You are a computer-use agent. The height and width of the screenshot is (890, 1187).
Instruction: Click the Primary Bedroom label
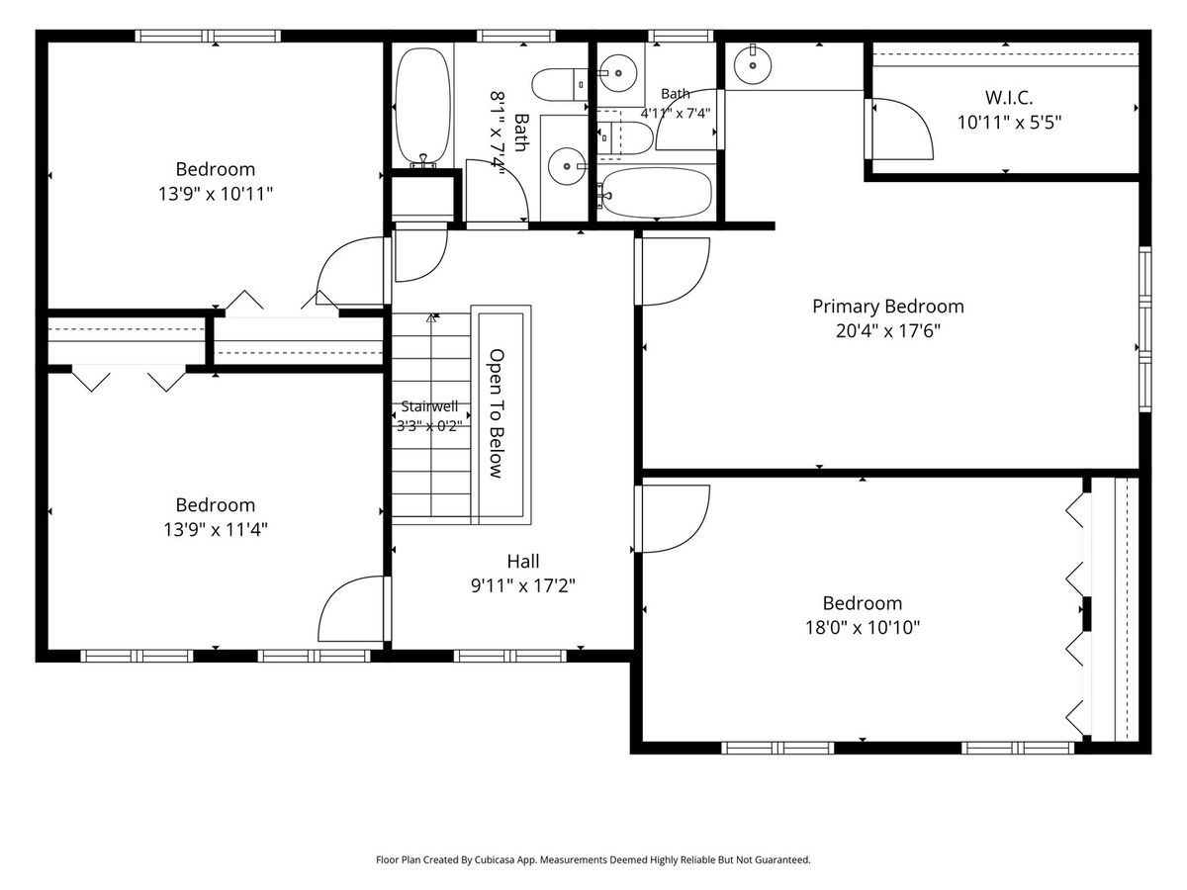888,307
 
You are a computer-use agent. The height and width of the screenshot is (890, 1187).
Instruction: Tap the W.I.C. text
1009,98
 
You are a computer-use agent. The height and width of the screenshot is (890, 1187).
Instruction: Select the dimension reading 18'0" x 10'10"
863,627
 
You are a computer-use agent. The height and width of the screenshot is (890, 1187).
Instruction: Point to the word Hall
523,562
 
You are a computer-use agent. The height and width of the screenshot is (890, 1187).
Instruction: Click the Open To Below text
497,414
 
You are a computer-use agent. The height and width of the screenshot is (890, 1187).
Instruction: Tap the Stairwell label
429,406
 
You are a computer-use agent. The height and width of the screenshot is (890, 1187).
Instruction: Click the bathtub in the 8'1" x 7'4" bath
423,107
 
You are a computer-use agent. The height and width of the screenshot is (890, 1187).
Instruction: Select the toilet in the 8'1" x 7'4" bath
560,85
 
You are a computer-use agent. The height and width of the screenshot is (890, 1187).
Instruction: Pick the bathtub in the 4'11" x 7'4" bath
655,193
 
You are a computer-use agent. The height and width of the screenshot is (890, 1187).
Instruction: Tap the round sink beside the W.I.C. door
752,66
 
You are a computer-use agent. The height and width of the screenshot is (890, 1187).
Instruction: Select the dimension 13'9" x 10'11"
216,194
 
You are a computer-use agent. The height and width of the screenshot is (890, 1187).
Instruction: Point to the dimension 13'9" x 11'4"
216,530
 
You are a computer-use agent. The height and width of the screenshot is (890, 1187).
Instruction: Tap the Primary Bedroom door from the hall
675,271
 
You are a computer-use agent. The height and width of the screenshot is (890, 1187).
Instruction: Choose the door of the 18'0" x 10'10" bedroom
675,519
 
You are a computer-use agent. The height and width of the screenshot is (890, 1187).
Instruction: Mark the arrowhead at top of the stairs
431,317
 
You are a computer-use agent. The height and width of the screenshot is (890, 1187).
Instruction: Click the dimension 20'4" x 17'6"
888,330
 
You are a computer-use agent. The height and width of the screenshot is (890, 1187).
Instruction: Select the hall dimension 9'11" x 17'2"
523,585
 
